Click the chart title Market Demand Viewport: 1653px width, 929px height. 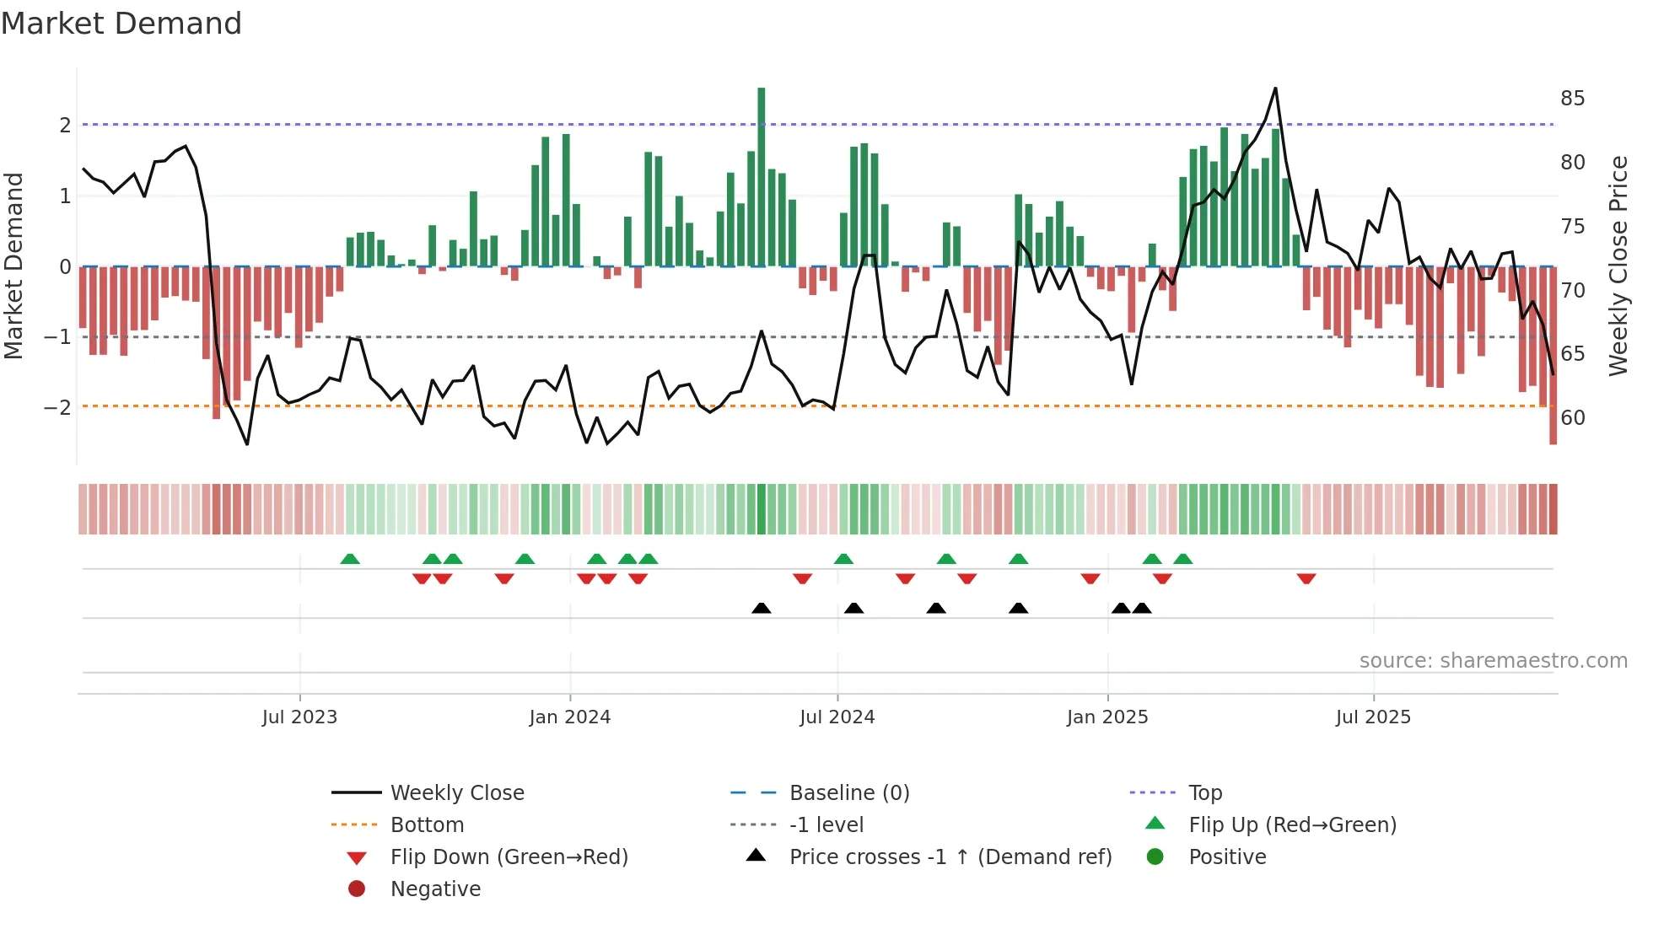click(121, 24)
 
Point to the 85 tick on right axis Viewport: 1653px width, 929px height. click(1572, 99)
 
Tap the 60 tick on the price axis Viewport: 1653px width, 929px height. click(1572, 417)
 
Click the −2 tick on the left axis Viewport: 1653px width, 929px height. click(57, 407)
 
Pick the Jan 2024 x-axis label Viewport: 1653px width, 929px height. click(569, 717)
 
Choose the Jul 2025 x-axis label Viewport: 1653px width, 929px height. click(1372, 717)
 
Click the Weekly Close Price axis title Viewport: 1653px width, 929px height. click(1618, 266)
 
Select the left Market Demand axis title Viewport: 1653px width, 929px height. click(13, 266)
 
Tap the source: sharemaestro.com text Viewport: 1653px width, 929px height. click(1493, 660)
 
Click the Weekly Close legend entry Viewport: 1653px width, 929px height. click(456, 792)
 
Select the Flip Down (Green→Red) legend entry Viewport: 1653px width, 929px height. click(509, 857)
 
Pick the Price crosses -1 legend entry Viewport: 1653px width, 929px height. click(950, 857)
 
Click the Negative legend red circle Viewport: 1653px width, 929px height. click(357, 889)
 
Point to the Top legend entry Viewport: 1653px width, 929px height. click(1204, 792)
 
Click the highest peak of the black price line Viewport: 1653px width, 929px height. click(1275, 89)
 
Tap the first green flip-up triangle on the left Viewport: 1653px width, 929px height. click(350, 559)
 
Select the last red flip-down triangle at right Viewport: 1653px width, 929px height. click(1306, 578)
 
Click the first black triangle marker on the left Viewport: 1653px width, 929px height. click(761, 608)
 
